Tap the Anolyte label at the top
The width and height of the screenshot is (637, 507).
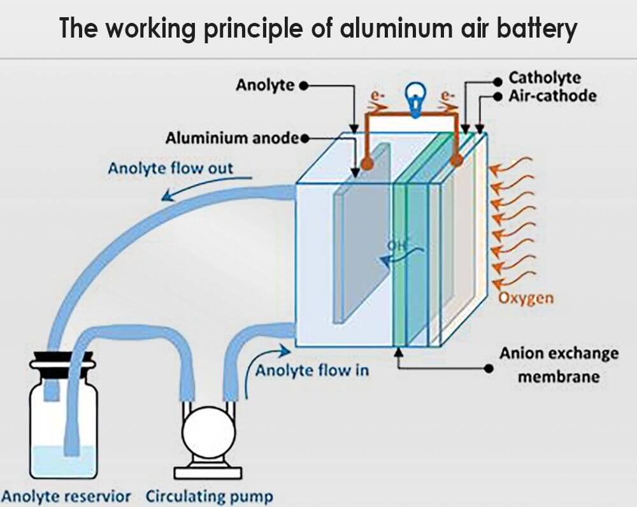tap(265, 85)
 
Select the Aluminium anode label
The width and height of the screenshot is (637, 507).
tap(232, 138)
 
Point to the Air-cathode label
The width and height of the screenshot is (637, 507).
tap(552, 96)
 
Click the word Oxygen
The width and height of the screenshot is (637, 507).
tap(526, 298)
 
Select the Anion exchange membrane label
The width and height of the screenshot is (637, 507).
tap(558, 364)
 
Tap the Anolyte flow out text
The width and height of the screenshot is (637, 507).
tap(170, 169)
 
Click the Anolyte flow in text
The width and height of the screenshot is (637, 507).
tap(311, 370)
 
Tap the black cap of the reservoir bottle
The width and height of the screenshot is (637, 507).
tap(62, 361)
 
